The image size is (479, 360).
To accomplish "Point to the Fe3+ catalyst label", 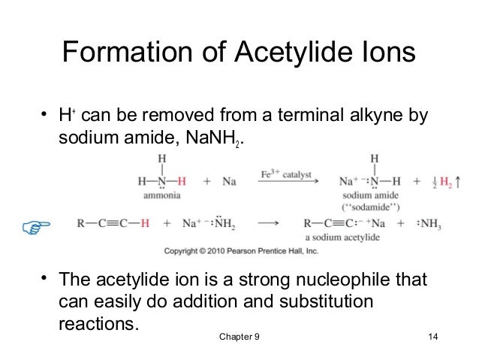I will pyautogui.click(x=287, y=174).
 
